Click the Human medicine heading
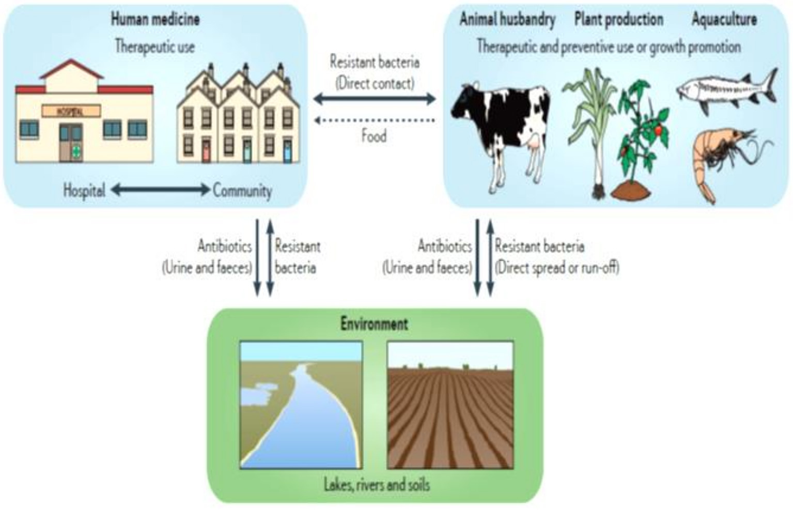tap(155, 20)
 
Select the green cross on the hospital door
tap(76, 150)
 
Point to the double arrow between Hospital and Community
tap(160, 190)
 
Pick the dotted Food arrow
tap(375, 120)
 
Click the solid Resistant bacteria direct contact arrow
tap(375, 99)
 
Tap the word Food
tap(374, 136)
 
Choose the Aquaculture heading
tap(724, 20)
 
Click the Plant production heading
tap(618, 20)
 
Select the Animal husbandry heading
tap(507, 20)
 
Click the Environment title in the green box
tap(374, 324)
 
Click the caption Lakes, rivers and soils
tap(377, 485)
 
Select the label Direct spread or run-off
tap(557, 268)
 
